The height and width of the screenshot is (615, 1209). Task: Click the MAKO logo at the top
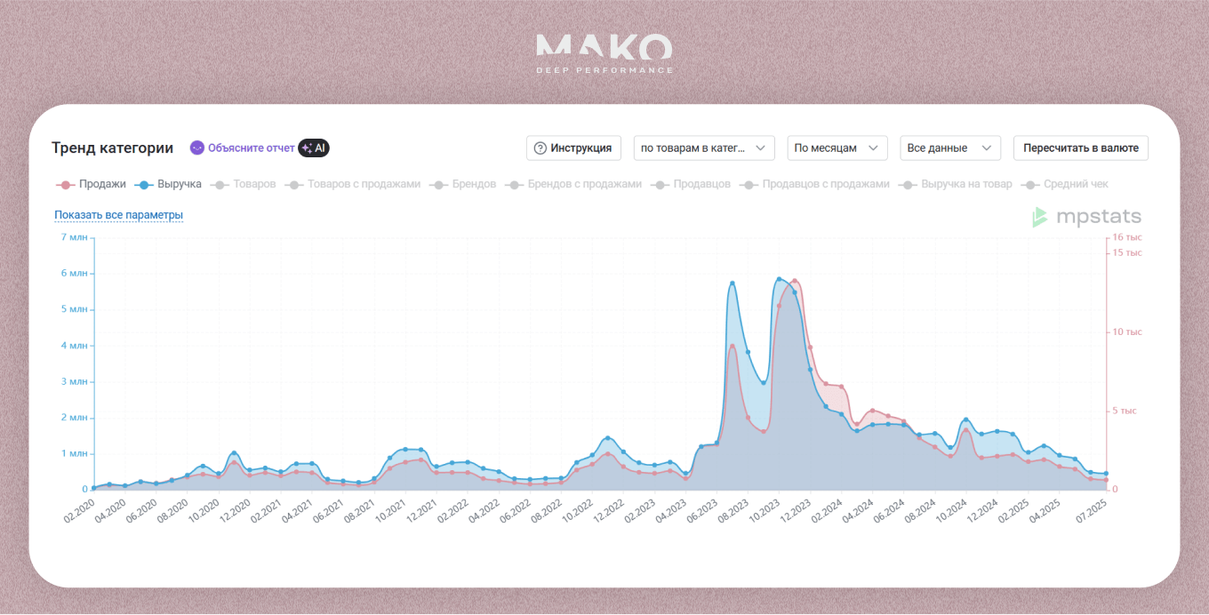(x=604, y=52)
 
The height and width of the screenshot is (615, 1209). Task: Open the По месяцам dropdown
(x=837, y=148)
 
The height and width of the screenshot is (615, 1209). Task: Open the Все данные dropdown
(x=949, y=148)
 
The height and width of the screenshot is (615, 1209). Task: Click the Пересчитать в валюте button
(x=1080, y=148)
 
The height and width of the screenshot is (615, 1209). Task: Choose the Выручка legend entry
(x=170, y=184)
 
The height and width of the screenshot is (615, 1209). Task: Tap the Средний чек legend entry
(x=1067, y=184)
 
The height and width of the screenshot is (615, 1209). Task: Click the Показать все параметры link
(x=118, y=215)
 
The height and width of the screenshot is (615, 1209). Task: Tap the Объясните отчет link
(x=243, y=148)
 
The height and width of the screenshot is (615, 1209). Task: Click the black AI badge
(x=314, y=148)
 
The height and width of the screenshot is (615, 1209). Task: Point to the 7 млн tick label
(x=74, y=237)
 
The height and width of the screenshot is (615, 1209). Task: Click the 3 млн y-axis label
(x=74, y=381)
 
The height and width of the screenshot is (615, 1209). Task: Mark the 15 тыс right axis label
(x=1127, y=253)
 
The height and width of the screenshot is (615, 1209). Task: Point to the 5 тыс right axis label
(x=1125, y=411)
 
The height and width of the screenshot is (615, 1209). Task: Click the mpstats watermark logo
(x=1086, y=217)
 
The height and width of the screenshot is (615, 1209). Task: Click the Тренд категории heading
(x=112, y=148)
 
